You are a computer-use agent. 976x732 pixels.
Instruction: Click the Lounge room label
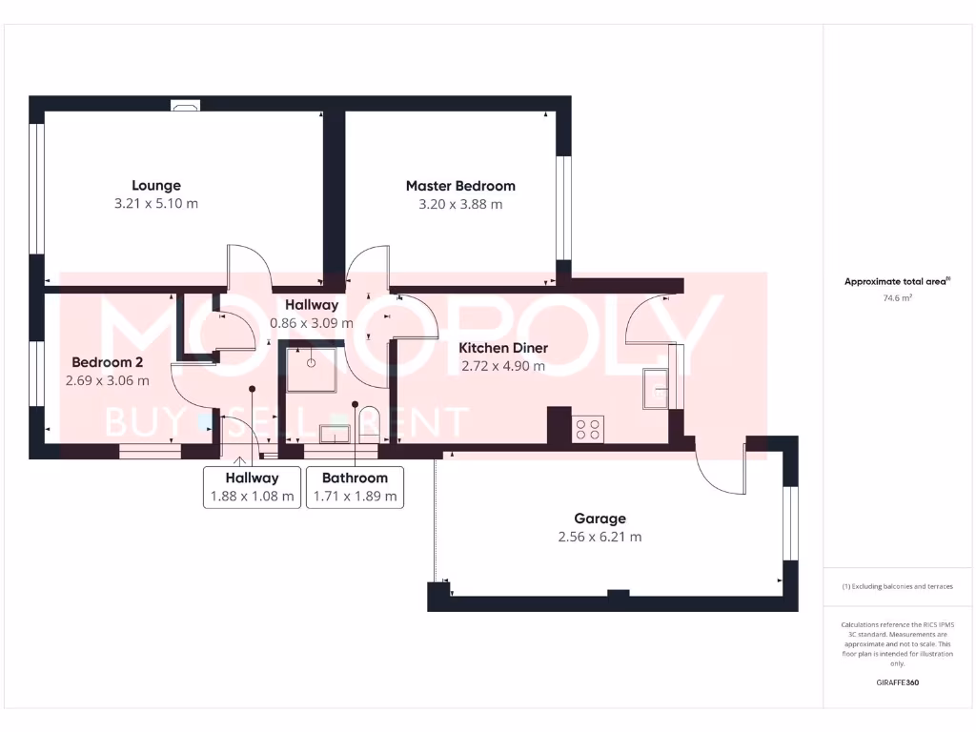point(156,186)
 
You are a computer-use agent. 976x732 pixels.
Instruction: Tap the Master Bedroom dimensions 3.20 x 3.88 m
point(460,204)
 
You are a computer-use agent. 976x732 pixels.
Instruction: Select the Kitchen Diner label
point(503,348)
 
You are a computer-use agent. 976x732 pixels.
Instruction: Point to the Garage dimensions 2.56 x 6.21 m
point(600,537)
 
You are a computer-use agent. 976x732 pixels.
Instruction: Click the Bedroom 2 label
point(108,362)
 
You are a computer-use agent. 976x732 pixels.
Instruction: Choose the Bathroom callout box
point(355,487)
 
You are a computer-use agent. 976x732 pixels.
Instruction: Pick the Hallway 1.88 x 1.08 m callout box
point(252,487)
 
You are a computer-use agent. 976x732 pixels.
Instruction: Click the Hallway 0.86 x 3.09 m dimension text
point(312,323)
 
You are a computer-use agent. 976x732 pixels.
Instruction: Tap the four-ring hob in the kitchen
point(588,429)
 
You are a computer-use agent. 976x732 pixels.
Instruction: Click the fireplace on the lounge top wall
point(185,106)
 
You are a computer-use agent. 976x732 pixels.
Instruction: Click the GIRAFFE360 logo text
point(897,682)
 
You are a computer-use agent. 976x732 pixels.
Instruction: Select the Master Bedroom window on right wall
point(562,207)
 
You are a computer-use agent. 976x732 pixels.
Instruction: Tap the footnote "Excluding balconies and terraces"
point(897,586)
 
